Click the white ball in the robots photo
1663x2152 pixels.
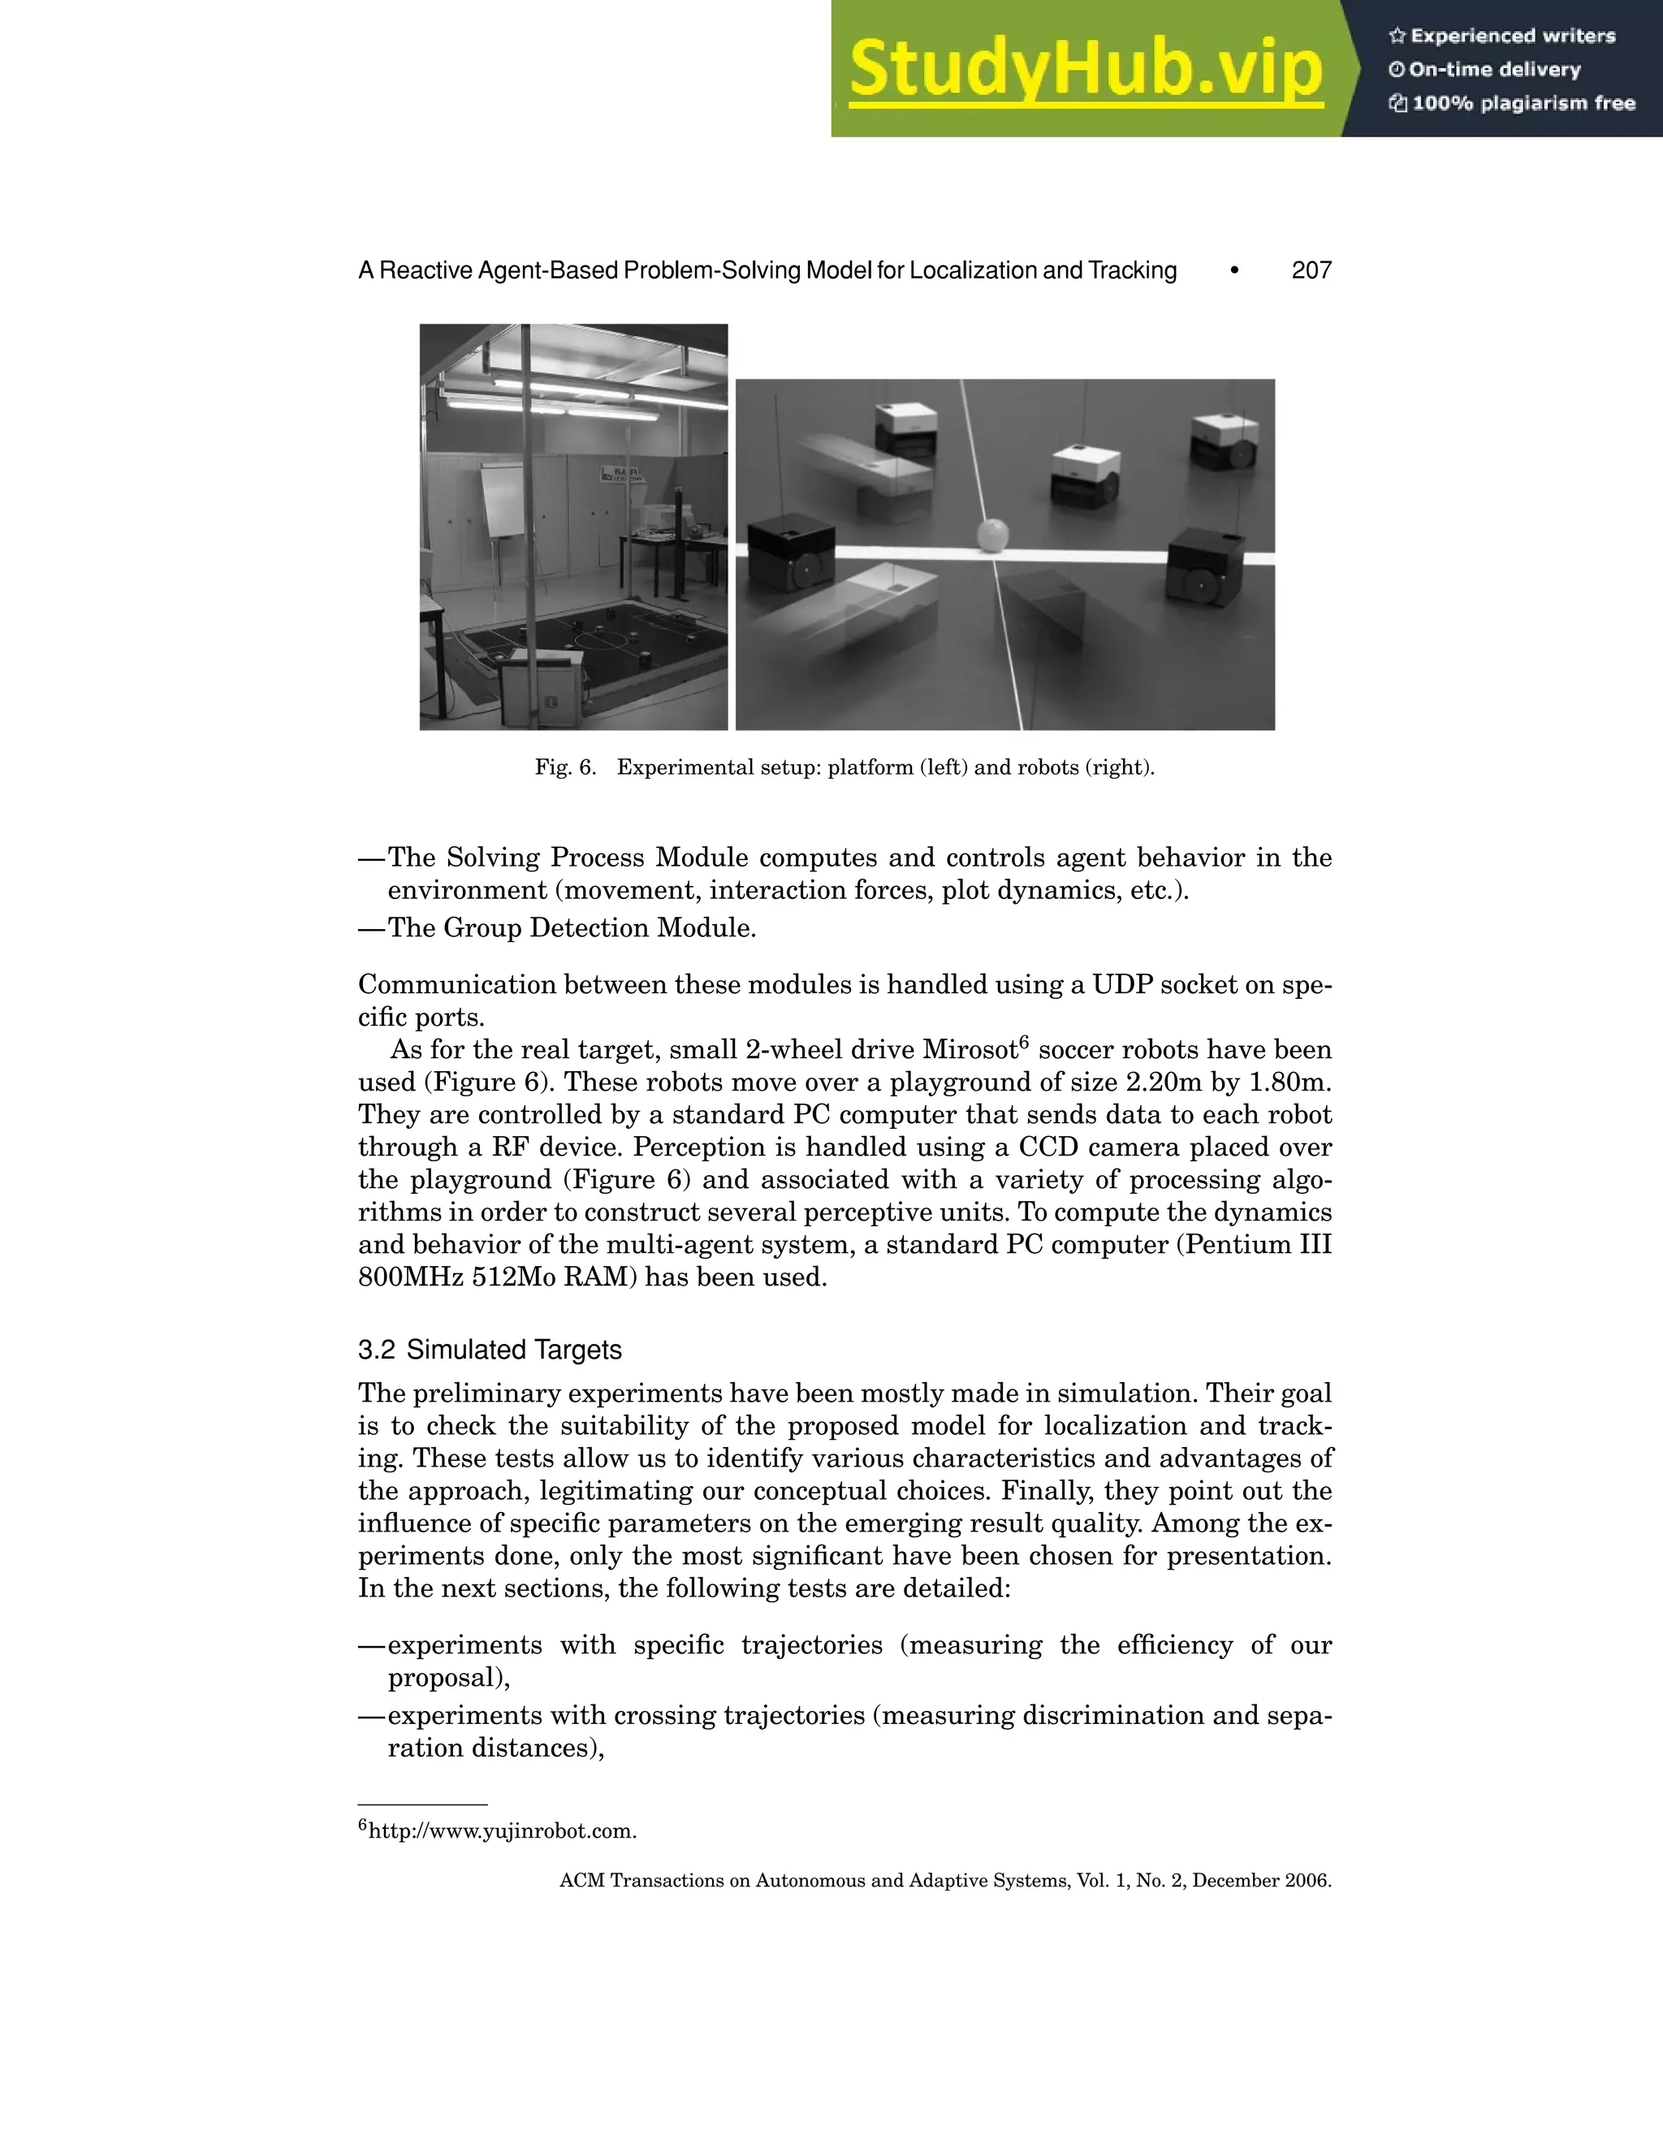tap(993, 535)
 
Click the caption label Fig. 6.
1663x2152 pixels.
tap(565, 767)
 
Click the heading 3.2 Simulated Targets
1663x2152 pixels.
tap(490, 1349)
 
